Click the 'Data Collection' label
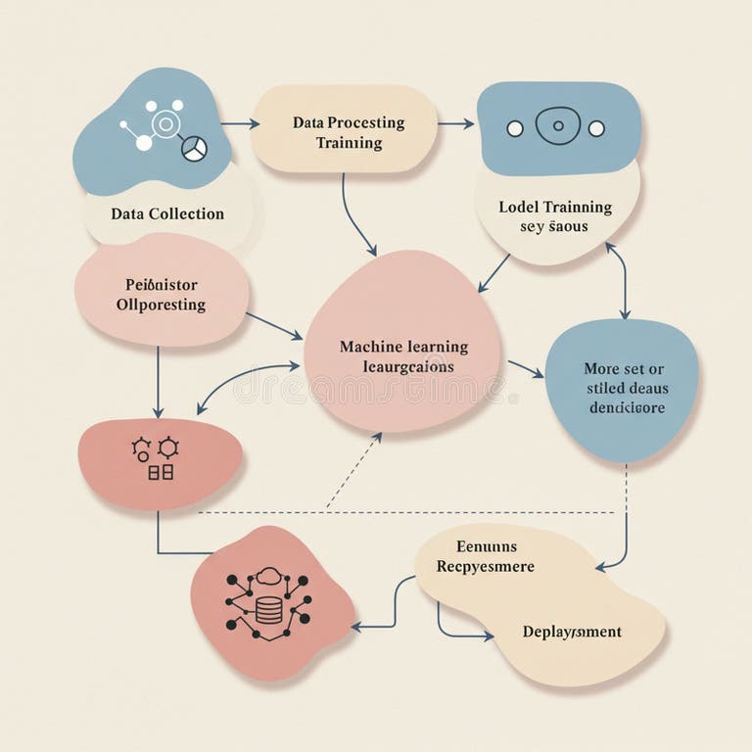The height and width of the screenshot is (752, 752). coord(167,213)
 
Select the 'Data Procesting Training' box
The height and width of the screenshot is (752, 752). coord(345,132)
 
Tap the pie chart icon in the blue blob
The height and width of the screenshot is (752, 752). coord(194,149)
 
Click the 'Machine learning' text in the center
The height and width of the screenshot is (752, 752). coord(403,347)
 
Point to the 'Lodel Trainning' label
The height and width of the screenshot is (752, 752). coord(555,207)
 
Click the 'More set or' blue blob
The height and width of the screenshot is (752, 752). coord(623,388)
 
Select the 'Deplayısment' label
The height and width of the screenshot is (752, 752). coord(572,632)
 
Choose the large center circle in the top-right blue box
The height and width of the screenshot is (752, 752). coord(557,126)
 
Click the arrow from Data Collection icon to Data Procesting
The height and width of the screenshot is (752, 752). coord(240,124)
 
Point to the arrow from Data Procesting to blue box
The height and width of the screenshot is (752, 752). coord(455,124)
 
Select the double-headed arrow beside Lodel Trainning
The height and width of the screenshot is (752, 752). coord(619,280)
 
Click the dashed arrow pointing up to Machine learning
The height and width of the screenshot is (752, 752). coord(353,471)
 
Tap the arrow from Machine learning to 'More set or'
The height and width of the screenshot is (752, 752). coord(525,368)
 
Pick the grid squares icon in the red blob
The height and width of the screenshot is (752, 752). coord(160,472)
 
